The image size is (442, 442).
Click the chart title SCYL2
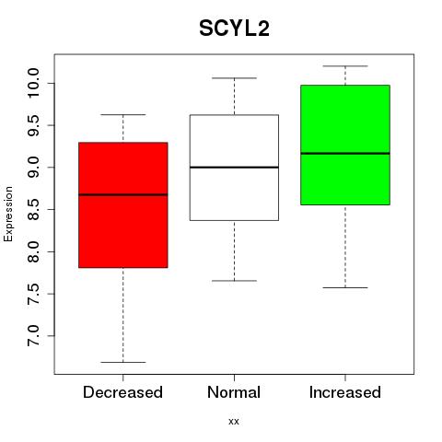234,29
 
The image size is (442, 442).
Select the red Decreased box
123,205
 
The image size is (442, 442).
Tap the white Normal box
234,168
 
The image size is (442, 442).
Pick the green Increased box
345,145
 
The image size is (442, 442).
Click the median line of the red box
123,194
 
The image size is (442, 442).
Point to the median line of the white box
234,168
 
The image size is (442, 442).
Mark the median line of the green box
345,153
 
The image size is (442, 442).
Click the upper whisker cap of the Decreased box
123,114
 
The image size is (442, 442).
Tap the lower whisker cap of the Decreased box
123,362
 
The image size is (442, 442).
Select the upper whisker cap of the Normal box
234,78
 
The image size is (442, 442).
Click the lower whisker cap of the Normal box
234,281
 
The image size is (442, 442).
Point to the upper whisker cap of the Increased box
345,66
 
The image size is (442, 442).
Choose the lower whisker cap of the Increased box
345,287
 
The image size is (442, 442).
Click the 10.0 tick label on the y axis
33,83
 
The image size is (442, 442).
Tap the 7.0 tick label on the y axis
33,336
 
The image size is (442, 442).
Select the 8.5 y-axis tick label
33,209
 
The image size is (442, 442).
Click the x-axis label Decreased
122,392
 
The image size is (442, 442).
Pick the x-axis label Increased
345,392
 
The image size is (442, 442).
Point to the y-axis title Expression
8,214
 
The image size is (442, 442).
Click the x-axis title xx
234,422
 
